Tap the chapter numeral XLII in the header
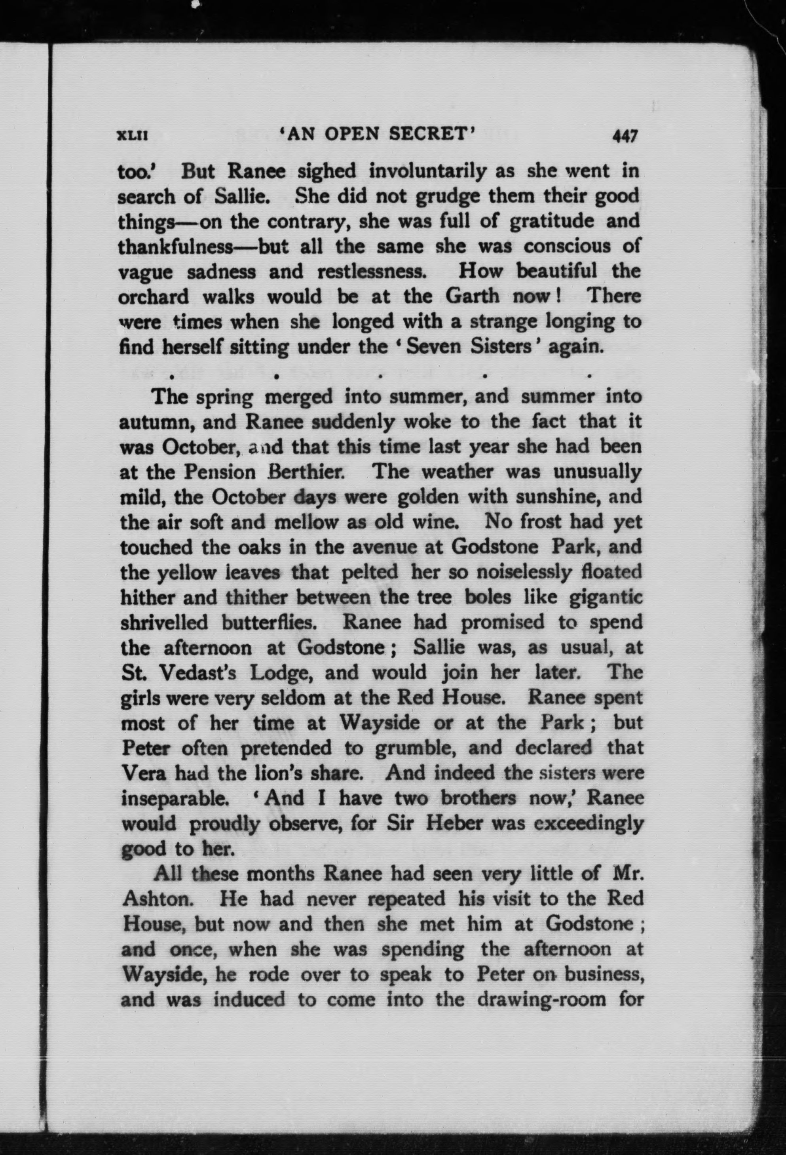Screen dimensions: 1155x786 coord(132,136)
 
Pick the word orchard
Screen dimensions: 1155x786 coord(154,297)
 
